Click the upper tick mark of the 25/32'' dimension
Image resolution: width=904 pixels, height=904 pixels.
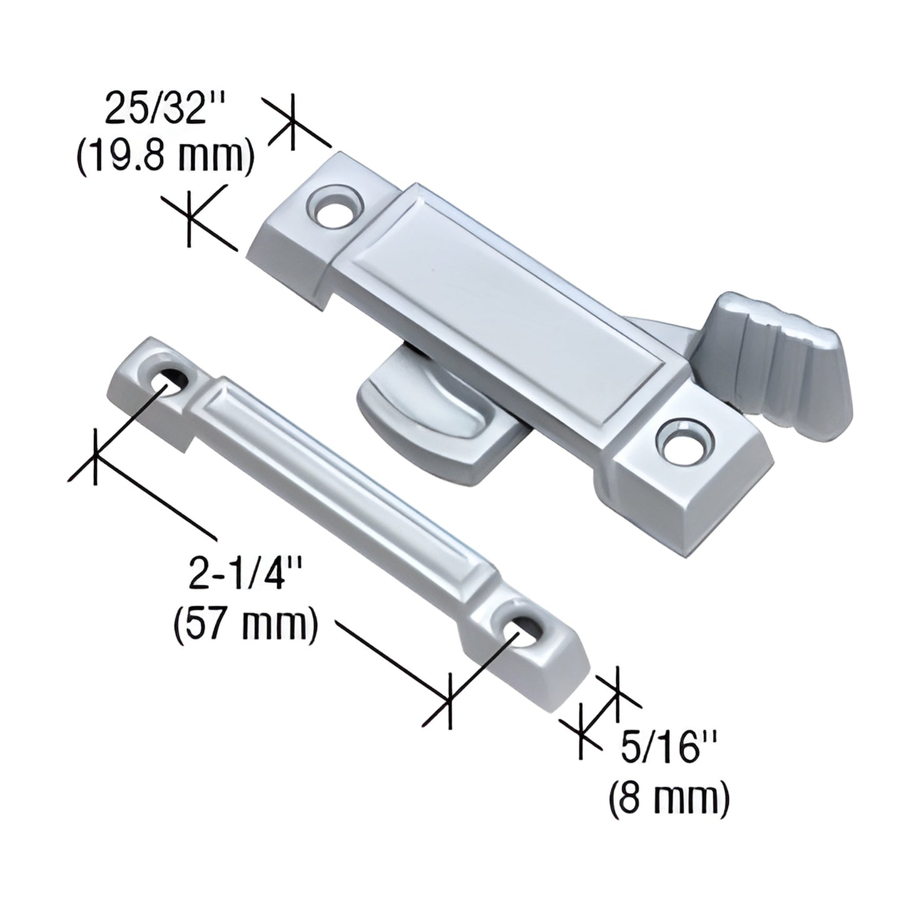[292, 123]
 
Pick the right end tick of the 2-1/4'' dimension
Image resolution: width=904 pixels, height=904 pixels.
[449, 701]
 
